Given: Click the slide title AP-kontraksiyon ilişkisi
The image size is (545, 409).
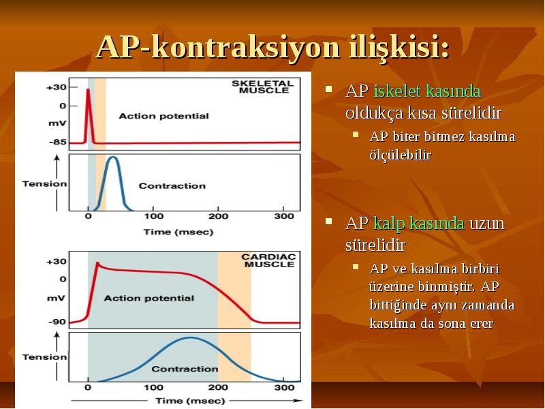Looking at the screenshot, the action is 273,47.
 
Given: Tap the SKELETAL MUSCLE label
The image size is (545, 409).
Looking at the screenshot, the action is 263,87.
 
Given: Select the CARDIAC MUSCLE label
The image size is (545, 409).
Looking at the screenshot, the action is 268,260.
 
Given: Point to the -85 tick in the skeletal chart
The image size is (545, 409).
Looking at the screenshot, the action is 58,142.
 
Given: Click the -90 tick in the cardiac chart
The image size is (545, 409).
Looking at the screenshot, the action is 57,322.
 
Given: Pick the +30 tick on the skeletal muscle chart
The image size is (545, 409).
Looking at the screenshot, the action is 57,87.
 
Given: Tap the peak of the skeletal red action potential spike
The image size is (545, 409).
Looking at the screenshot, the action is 89,90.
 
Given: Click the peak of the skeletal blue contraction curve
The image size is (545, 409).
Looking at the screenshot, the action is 112,157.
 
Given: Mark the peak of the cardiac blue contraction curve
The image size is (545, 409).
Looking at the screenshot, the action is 190,338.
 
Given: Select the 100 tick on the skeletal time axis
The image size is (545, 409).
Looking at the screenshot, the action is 154,216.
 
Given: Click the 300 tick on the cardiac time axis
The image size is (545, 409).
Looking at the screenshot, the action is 284,387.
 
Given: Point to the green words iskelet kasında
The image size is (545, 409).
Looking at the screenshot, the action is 427,91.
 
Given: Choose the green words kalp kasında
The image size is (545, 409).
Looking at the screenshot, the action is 419,224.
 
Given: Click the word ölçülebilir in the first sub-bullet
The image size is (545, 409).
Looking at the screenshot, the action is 401,155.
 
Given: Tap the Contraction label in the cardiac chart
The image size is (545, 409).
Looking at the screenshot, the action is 185,369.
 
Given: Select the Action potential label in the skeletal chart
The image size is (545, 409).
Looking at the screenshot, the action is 163,116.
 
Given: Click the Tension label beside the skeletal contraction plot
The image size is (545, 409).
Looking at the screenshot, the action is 44,184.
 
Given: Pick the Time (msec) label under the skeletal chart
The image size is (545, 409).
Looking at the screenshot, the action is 178,232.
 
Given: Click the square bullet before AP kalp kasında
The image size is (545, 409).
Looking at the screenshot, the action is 328,221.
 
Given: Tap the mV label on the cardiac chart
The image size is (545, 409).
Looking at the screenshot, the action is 56,299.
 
